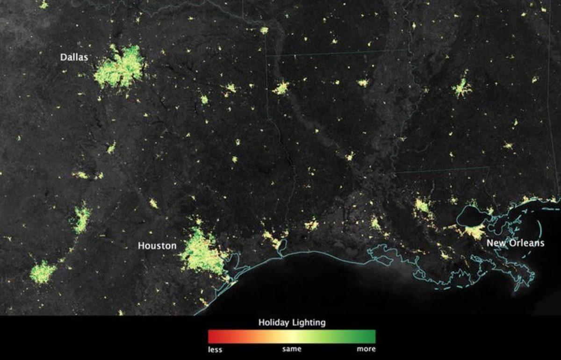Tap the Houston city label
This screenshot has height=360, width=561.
157,245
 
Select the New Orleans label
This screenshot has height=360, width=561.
515,243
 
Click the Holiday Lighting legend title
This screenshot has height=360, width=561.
292,323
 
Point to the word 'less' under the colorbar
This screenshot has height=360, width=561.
215,349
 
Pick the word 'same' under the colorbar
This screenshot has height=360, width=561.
292,349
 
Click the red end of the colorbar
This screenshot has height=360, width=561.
212,337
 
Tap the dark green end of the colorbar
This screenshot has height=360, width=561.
372,337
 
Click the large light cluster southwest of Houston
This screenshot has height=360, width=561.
43,272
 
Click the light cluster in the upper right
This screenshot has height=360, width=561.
461,88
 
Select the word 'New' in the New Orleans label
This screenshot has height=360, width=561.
495,243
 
